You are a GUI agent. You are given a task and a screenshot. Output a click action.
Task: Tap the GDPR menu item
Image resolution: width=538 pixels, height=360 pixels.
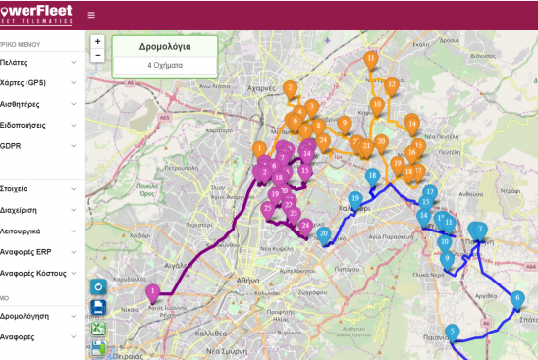click(11, 146)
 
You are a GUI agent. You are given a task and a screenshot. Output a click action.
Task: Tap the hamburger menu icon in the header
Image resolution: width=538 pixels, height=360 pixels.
click(91, 15)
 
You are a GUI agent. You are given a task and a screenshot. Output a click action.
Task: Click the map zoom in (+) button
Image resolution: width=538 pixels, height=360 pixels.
click(97, 42)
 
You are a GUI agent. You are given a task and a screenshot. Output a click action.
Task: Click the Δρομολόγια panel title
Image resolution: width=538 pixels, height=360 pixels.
click(164, 46)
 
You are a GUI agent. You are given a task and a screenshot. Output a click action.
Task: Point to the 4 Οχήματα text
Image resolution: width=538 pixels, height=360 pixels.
click(164, 65)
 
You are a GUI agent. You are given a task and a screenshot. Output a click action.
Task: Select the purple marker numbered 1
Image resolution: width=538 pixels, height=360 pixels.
click(152, 291)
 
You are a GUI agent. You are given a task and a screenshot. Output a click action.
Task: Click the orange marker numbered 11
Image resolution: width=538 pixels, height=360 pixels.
click(370, 59)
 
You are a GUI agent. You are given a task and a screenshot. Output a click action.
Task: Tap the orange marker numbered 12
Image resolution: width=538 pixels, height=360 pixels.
click(391, 85)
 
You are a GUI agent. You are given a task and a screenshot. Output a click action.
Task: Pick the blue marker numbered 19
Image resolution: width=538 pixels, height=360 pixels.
click(355, 198)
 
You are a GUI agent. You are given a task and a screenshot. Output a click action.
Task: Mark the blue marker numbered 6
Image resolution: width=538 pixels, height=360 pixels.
click(517, 298)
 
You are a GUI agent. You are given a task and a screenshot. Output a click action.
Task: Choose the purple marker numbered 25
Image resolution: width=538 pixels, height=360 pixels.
click(267, 208)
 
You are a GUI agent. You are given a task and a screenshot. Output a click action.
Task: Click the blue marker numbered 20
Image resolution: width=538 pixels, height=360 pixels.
click(323, 233)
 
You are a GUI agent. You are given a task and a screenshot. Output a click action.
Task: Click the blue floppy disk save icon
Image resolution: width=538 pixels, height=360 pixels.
click(98, 307)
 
